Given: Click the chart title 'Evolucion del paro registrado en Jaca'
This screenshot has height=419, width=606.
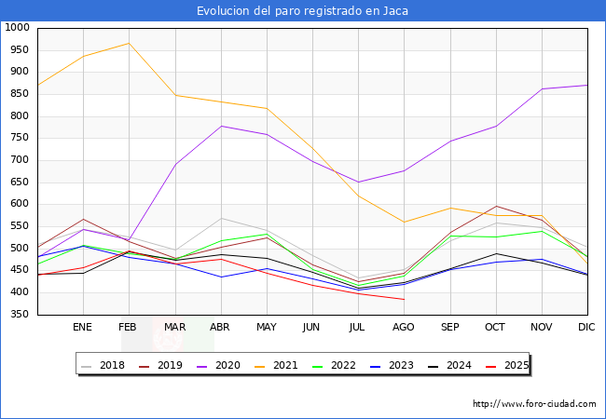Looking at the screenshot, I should pyautogui.click(x=302, y=11).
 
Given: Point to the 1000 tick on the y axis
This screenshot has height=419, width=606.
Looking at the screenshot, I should pyautogui.click(x=17, y=28).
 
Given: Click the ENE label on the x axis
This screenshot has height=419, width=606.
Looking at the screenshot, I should pyautogui.click(x=82, y=328).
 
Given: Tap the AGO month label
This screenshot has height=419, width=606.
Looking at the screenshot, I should pyautogui.click(x=404, y=328).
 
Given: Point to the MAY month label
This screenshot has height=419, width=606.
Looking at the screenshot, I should pyautogui.click(x=266, y=328).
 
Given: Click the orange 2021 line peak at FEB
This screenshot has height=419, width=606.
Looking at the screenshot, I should pyautogui.click(x=129, y=43).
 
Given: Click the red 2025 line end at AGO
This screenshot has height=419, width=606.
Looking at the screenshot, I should pyautogui.click(x=404, y=300).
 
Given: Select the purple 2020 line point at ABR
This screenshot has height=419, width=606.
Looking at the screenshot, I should pyautogui.click(x=221, y=126).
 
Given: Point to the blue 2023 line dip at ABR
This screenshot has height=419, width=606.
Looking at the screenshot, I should pyautogui.click(x=221, y=277).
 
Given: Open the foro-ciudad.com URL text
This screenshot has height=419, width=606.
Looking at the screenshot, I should pyautogui.click(x=534, y=404).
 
